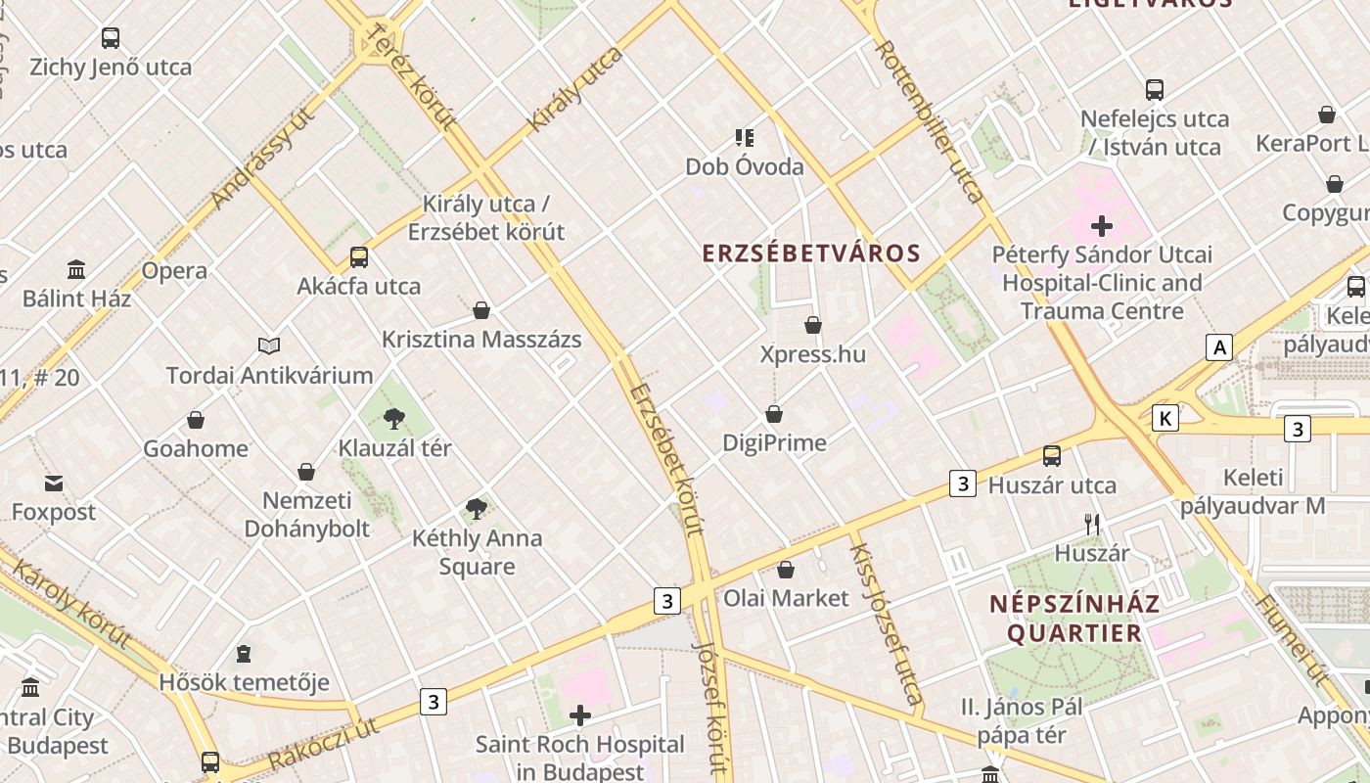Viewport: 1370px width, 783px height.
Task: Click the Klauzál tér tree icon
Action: (x=394, y=419)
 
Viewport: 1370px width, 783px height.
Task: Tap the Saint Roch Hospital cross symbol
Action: (x=580, y=715)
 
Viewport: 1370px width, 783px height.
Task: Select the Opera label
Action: (x=174, y=271)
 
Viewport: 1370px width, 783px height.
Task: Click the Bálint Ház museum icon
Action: (x=76, y=269)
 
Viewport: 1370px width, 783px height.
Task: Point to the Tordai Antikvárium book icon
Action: (x=269, y=345)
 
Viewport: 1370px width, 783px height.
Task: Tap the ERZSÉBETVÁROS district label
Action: (x=811, y=253)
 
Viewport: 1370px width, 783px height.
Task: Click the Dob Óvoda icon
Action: (x=745, y=138)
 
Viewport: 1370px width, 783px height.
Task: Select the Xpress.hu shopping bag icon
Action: (x=813, y=325)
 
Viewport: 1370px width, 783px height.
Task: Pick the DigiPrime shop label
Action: (x=774, y=442)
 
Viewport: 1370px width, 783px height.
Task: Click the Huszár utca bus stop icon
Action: (x=1052, y=455)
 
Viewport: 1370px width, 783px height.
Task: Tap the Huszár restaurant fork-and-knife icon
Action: (x=1092, y=525)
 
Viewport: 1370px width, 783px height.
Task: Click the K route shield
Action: (x=1164, y=418)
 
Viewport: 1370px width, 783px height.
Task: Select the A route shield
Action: (x=1218, y=346)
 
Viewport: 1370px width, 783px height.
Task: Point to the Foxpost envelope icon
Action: (x=54, y=483)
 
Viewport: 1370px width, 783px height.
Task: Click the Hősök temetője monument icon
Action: (x=244, y=653)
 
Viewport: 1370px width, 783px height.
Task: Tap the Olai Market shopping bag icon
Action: (x=786, y=569)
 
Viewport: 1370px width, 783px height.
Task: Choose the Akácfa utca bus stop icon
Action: (x=359, y=257)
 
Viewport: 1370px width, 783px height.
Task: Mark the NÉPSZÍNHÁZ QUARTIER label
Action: (x=1074, y=618)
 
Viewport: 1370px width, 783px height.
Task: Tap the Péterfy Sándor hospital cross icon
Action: (x=1102, y=226)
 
